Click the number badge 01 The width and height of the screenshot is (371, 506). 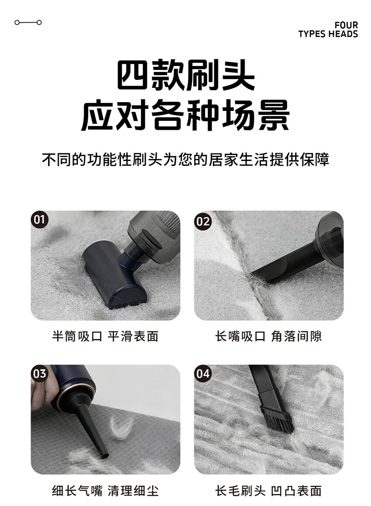point(39,220)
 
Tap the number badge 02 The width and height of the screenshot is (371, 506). point(203,221)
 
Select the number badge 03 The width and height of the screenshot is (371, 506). point(39,374)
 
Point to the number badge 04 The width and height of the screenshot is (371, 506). point(203,374)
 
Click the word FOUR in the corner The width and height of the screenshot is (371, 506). point(346,25)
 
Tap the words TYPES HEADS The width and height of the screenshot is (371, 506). point(328,34)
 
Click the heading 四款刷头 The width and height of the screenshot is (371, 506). point(185,75)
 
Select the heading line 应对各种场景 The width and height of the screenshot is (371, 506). point(185,115)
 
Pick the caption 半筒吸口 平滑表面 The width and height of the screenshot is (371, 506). point(105,336)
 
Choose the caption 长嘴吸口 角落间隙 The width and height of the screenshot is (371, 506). point(268,336)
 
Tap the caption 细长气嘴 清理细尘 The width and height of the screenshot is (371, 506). point(105,491)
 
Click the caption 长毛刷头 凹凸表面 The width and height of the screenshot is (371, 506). point(268,491)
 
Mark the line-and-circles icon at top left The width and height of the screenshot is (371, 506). point(28,22)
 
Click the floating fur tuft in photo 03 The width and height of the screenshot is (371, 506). point(121,427)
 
